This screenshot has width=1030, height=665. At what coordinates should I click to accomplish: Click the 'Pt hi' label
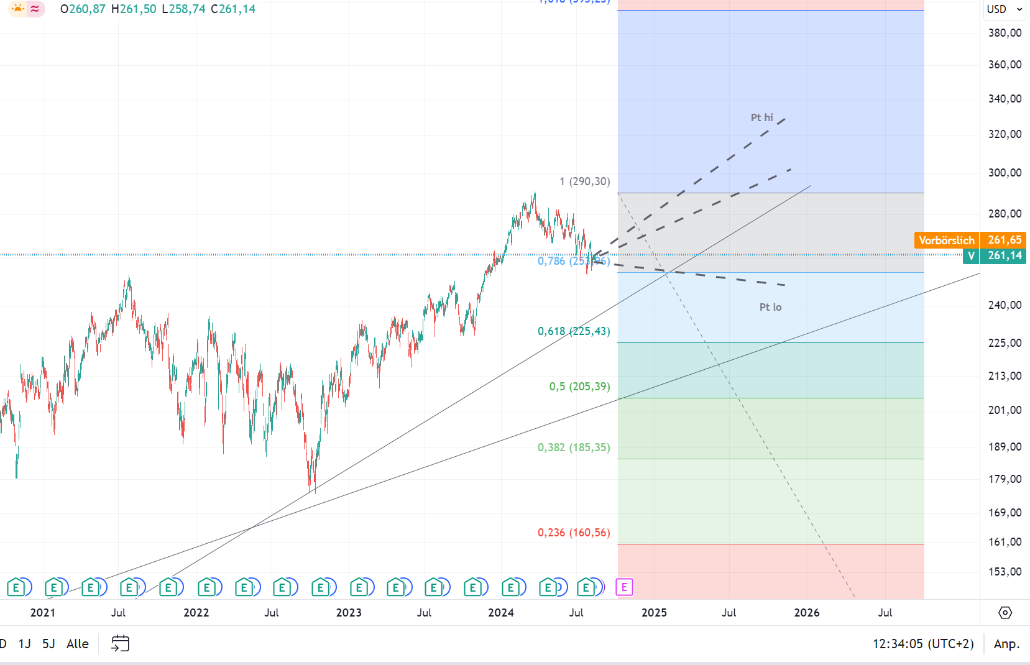pos(761,117)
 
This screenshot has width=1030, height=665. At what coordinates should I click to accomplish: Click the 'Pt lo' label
pos(770,307)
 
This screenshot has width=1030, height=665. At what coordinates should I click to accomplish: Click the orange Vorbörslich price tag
pos(946,240)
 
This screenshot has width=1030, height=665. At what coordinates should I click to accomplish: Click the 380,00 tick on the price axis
pos(1005,33)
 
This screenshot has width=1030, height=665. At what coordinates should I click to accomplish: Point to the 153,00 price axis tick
pos(1005,571)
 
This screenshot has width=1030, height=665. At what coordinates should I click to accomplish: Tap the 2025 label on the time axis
pos(654,613)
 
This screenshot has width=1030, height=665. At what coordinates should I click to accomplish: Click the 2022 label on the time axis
pos(196,613)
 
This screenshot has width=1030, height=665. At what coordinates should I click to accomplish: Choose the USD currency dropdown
pos(1004,9)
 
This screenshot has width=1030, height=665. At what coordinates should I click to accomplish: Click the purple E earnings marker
pos(624,587)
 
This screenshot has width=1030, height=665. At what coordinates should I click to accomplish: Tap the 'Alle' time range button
pos(78,644)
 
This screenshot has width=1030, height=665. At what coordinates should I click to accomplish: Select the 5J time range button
pos(48,644)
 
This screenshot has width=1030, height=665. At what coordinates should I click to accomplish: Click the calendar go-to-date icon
pos(120,643)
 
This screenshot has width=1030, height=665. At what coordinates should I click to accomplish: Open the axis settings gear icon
pos(1005,613)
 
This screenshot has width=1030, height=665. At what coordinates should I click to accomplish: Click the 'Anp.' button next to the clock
pos(1006,644)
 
